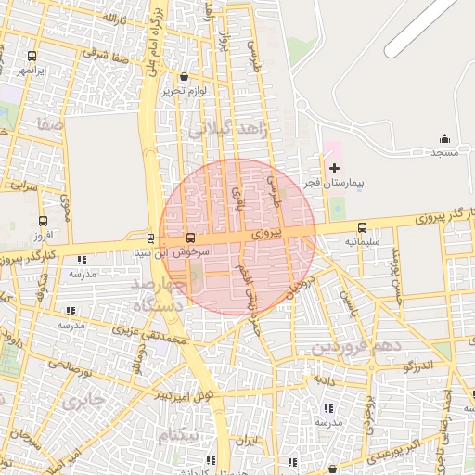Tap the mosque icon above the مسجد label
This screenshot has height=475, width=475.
pyautogui.click(x=444, y=138)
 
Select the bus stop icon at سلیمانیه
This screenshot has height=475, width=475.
pyautogui.click(x=362, y=226)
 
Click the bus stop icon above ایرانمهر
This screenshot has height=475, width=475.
pyautogui.click(x=32, y=56)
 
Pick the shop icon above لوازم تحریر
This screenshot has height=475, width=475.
pyautogui.click(x=184, y=77)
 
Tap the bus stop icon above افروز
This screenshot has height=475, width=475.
pyautogui.click(x=42, y=221)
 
